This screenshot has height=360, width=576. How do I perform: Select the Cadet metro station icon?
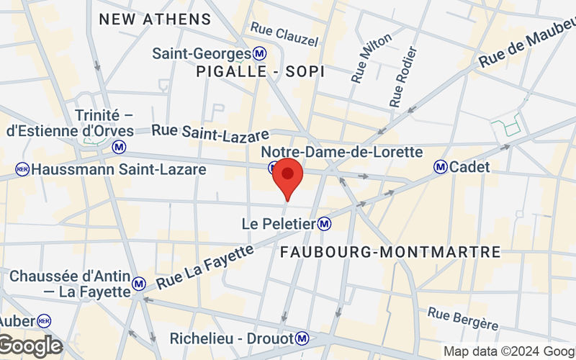pyautogui.click(x=440, y=167)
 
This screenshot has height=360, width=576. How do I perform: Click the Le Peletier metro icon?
pyautogui.click(x=325, y=224)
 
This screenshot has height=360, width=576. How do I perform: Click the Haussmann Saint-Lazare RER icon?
pyautogui.click(x=22, y=170)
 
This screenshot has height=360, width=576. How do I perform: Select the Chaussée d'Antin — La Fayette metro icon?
pyautogui.click(x=140, y=284)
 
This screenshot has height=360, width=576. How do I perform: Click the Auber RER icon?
pyautogui.click(x=45, y=320)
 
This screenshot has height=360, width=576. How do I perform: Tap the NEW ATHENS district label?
pyautogui.click(x=155, y=19)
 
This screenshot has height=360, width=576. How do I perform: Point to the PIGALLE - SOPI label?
pyautogui.click(x=260, y=72)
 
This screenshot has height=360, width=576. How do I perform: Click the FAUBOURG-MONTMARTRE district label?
pyautogui.click(x=390, y=252)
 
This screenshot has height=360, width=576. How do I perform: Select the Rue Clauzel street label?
pyautogui.click(x=284, y=34)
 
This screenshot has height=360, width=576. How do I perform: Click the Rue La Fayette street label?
pyautogui.click(x=205, y=267)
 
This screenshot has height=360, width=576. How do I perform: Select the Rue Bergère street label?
pyautogui.click(x=462, y=318)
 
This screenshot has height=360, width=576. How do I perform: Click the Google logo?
pyautogui.click(x=30, y=346)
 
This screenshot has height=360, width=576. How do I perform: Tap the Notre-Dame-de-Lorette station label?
pyautogui.click(x=341, y=152)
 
